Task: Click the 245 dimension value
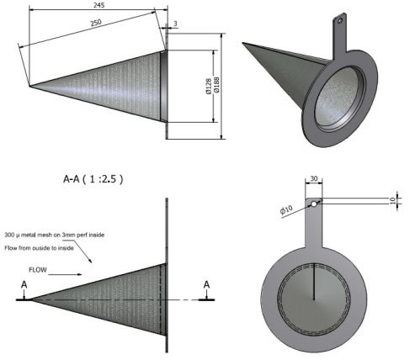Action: pos(99,5)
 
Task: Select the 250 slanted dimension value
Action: pos(96,23)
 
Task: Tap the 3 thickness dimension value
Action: pos(175,24)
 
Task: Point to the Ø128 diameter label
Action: pos(209,87)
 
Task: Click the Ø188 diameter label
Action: pos(216,85)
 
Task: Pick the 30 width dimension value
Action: pos(314,178)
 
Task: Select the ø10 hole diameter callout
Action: pos(286,209)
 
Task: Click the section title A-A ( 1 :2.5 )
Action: pos(93,179)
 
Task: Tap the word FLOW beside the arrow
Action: pos(38,270)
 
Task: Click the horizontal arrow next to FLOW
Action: pos(65,274)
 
